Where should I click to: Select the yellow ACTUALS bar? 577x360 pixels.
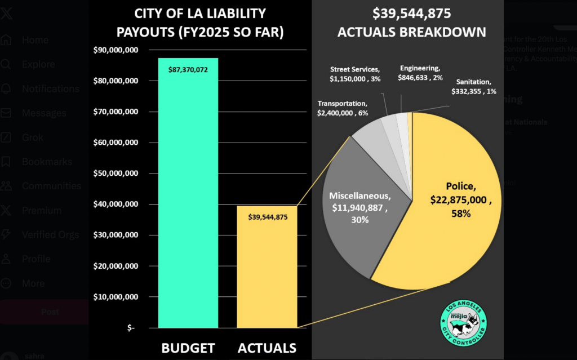[267, 270]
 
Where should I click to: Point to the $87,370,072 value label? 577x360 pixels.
[188, 69]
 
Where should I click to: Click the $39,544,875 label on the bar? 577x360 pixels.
[267, 217]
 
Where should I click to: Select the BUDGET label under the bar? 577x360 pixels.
[188, 348]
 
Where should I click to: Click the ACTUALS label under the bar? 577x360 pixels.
[267, 348]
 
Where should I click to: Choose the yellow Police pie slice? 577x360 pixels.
[445, 225]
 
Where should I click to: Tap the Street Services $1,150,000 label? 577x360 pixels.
[356, 74]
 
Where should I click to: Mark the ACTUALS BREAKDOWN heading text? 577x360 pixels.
[411, 32]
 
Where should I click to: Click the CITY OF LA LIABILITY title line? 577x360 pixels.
[199, 13]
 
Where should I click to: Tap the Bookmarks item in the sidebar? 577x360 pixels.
[47, 162]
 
